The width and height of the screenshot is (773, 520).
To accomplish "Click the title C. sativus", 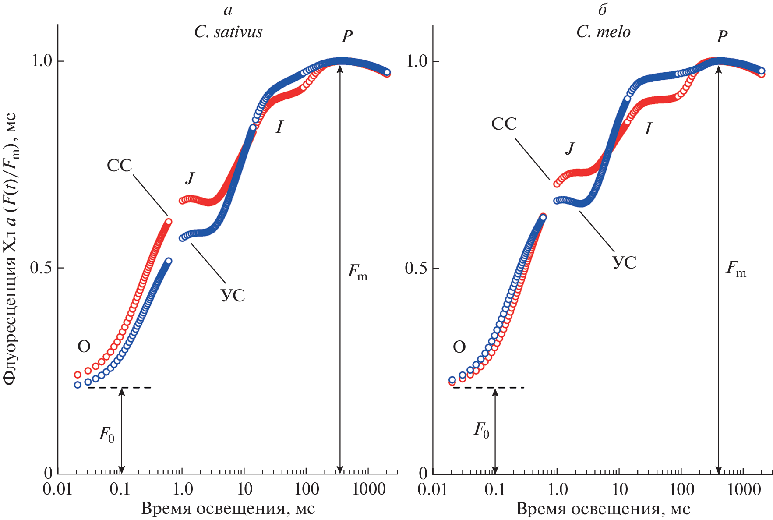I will point(228,32).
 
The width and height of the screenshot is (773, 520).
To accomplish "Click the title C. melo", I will point(603,32).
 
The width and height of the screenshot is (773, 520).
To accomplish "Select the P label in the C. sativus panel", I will point(347,36).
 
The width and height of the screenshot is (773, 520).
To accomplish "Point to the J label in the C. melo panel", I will point(569,149).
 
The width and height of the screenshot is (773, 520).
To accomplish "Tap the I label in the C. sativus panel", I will point(279,127).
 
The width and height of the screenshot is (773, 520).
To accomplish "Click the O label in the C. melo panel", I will point(459,347).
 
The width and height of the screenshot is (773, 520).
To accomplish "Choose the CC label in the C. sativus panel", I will point(119,166).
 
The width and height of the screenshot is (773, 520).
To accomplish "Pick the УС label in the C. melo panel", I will point(624,262).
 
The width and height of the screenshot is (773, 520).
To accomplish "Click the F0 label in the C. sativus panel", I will point(106,434).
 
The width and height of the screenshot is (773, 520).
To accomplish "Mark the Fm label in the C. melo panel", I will point(736,269).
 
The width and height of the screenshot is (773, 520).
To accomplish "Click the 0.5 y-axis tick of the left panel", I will point(41,268).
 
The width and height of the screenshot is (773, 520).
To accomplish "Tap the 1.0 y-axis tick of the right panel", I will point(417,61).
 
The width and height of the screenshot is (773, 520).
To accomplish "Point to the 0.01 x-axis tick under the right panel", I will point(432,489).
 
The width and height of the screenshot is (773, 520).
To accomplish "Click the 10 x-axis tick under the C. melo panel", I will point(619,489).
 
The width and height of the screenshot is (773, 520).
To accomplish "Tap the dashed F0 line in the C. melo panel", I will point(488,387).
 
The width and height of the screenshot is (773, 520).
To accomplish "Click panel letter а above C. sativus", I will point(228,10).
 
